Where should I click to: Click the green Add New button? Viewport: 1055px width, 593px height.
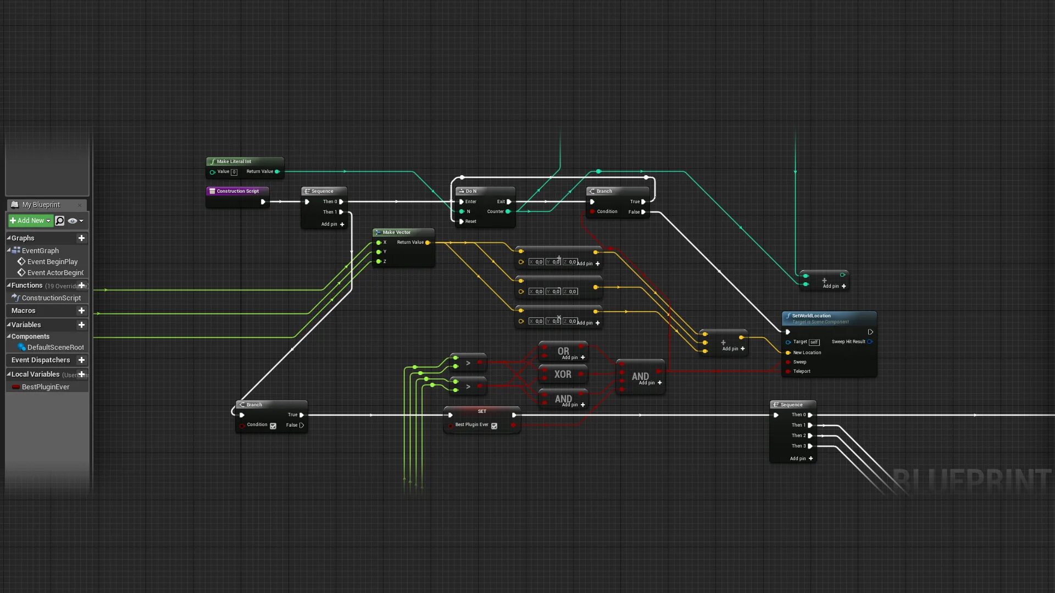point(30,221)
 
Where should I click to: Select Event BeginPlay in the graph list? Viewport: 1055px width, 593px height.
point(52,262)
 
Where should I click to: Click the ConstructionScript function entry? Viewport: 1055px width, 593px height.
point(51,298)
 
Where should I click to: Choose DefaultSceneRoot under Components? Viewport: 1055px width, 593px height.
point(55,348)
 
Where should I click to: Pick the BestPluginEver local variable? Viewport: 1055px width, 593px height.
point(45,387)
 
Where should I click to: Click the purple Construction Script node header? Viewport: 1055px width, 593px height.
point(237,191)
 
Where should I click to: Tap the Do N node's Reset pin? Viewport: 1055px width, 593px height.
point(462,222)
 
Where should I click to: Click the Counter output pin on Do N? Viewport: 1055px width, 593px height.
point(508,211)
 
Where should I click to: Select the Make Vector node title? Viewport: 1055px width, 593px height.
point(396,232)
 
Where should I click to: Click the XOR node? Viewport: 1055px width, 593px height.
point(563,374)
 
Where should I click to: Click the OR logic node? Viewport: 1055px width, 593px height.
point(563,351)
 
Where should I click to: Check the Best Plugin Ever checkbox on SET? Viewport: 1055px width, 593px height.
point(494,426)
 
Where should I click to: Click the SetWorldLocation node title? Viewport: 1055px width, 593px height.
point(811,316)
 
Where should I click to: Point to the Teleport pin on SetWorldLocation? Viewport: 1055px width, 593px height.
point(789,372)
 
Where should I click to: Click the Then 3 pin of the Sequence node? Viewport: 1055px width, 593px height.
point(810,446)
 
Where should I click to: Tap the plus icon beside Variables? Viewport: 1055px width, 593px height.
point(81,325)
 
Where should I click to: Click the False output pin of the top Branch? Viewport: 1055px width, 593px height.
point(643,212)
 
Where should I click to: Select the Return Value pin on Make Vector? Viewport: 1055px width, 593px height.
point(427,243)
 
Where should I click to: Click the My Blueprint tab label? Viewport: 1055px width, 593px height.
point(41,205)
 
